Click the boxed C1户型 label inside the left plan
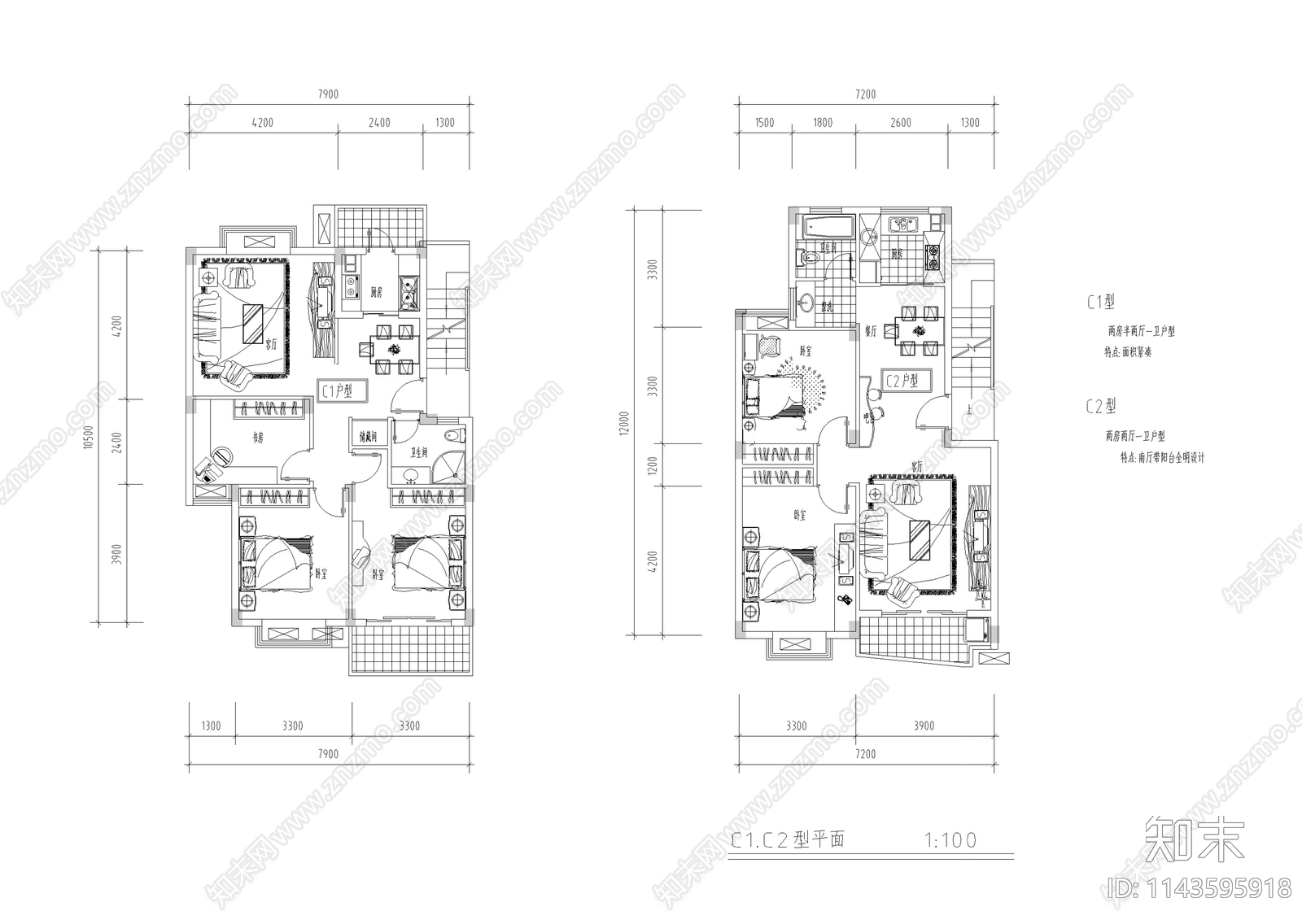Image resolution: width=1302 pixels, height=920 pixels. (343, 390)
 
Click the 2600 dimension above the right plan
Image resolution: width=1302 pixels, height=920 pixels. (901, 123)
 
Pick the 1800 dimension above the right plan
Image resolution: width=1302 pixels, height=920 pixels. (823, 123)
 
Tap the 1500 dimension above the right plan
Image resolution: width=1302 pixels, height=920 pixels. (764, 123)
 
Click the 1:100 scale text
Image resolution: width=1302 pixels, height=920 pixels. (950, 839)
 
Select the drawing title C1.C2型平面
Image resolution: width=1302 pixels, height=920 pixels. (787, 839)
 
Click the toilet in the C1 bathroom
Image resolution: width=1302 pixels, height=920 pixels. (455, 434)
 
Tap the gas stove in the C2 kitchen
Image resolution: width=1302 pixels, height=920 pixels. (932, 257)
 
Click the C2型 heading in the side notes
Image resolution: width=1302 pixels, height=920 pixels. (1100, 406)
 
